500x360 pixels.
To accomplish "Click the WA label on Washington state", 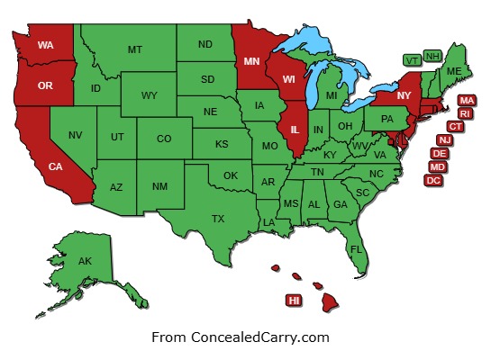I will pyautogui.click(x=44, y=43).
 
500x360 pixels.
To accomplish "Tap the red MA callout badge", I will pyautogui.click(x=467, y=100).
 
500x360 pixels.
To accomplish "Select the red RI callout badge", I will pyautogui.click(x=465, y=113).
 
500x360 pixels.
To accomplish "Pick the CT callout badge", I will pyautogui.click(x=456, y=127).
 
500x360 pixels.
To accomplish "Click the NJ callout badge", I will pyautogui.click(x=445, y=140).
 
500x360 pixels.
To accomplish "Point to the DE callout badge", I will pyautogui.click(x=441, y=154).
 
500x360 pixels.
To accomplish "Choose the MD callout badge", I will pyautogui.click(x=437, y=167).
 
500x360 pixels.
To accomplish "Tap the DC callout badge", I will pyautogui.click(x=433, y=180).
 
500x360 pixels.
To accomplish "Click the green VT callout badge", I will pyautogui.click(x=412, y=59).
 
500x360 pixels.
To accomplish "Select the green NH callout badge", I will pyautogui.click(x=432, y=56).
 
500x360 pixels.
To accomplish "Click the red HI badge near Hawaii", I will pyautogui.click(x=294, y=300).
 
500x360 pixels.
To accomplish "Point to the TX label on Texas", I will pyautogui.click(x=218, y=219).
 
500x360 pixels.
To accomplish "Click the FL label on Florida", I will pyautogui.click(x=356, y=248).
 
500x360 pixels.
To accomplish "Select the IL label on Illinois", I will pyautogui.click(x=295, y=130).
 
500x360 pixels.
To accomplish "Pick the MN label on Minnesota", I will pyautogui.click(x=251, y=62).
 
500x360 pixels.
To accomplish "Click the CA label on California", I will pyautogui.click(x=55, y=166).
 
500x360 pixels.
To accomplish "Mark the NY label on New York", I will pyautogui.click(x=404, y=96).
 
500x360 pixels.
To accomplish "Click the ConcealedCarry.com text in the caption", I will pyautogui.click(x=260, y=337).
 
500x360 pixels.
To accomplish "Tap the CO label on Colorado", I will pyautogui.click(x=164, y=139).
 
